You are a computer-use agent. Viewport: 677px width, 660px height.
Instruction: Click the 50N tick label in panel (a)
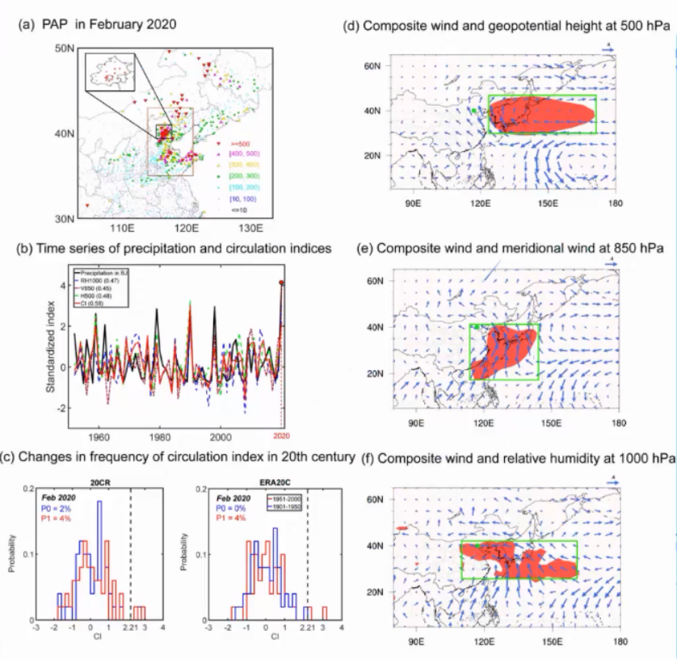pyautogui.click(x=64, y=49)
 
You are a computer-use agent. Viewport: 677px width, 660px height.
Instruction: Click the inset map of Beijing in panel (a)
pyautogui.click(x=106, y=72)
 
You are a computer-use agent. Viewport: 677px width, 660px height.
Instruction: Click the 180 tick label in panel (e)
pyautogui.click(x=619, y=422)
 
